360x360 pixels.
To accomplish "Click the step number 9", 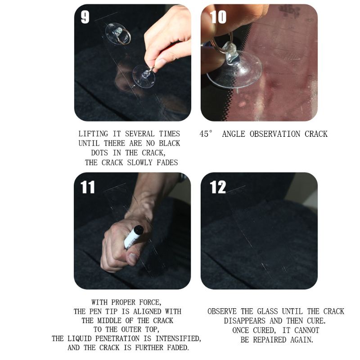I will click(85, 17).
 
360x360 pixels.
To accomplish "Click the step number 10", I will click(218, 17).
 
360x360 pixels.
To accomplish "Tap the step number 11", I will click(87, 186).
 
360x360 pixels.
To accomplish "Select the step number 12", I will click(218, 186).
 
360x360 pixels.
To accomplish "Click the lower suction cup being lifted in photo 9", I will click(144, 76).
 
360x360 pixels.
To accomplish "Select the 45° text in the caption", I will click(206, 134).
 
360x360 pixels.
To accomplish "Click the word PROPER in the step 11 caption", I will click(128, 302).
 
